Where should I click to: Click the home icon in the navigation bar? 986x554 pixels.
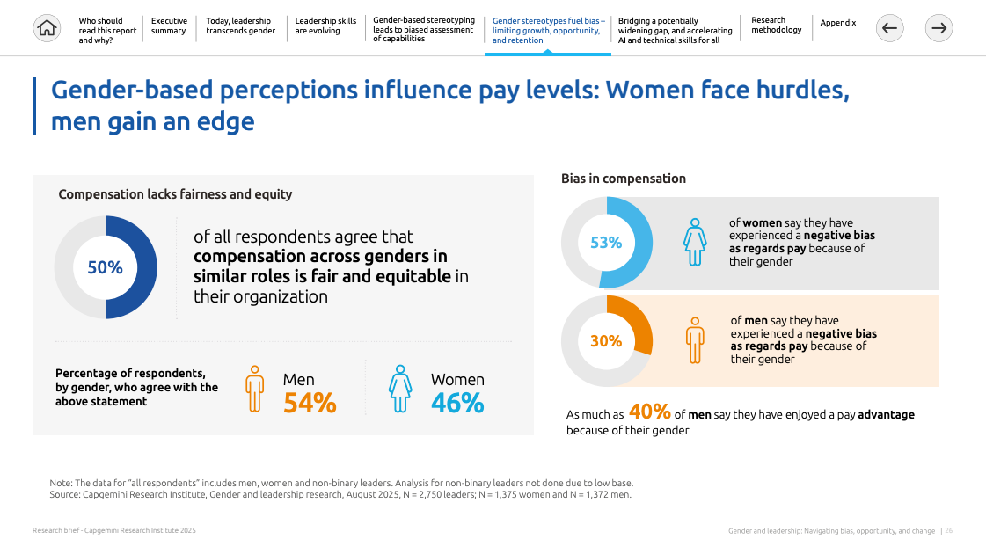[x=47, y=28]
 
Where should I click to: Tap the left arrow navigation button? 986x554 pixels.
[x=889, y=28]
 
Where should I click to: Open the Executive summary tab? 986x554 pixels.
[x=168, y=26]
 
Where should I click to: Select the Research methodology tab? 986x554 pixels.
[x=776, y=26]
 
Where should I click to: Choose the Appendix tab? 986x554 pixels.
[x=837, y=23]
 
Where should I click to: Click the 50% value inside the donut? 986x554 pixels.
[x=105, y=267]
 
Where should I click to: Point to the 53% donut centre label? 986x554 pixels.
[x=606, y=243]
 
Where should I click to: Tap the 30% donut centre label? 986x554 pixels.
[x=606, y=341]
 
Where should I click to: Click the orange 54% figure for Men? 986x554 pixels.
[x=310, y=403]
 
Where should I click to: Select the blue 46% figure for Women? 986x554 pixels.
[x=457, y=403]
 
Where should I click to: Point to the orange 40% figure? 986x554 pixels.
[x=650, y=412]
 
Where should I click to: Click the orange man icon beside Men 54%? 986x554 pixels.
[x=255, y=389]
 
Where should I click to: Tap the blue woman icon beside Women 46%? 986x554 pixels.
[x=400, y=389]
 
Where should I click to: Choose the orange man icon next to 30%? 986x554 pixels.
[x=696, y=340]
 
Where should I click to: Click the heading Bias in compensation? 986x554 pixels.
[x=624, y=179]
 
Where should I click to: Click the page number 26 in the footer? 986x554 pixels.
[x=949, y=531]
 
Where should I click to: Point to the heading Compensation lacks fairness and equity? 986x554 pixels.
[x=175, y=194]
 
